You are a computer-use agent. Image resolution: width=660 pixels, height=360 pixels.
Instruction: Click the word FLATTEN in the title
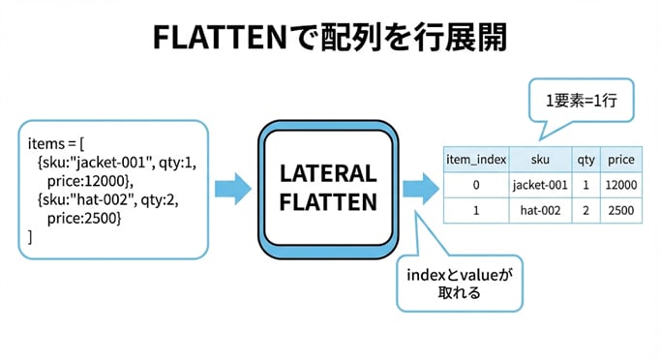[x=220, y=38]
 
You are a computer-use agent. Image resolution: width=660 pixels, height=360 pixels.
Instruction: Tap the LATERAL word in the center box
[x=328, y=173]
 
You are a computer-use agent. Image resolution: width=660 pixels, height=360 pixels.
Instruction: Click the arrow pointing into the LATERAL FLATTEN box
[x=233, y=189]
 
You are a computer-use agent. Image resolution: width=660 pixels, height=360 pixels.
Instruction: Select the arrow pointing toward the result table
[x=421, y=189]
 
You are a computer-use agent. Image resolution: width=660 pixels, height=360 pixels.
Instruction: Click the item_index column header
[x=476, y=160]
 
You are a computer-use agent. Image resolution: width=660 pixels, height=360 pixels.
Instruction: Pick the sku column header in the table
[x=540, y=160]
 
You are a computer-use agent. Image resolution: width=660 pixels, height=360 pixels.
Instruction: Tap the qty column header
[x=585, y=160]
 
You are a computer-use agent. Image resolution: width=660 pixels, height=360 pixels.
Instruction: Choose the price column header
[x=621, y=160]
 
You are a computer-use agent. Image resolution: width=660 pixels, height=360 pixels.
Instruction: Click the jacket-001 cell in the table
[x=540, y=185]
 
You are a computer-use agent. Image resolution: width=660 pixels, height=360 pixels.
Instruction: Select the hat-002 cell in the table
[x=540, y=210]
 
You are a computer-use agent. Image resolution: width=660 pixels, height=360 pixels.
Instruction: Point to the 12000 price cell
[x=621, y=185]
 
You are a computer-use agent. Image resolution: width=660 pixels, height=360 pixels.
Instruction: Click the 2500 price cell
[x=621, y=210]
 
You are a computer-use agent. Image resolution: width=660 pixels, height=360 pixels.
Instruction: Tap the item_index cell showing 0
[x=476, y=185]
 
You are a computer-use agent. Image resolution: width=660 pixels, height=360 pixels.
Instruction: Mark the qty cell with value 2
[x=585, y=210]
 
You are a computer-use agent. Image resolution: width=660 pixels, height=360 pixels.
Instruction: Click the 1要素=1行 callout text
[x=582, y=101]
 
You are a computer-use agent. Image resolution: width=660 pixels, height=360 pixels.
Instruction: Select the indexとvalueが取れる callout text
[x=460, y=284]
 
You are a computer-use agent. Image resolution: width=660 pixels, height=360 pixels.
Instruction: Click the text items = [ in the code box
[x=56, y=144]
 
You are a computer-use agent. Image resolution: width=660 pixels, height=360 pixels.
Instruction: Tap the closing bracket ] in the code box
[x=30, y=237]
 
